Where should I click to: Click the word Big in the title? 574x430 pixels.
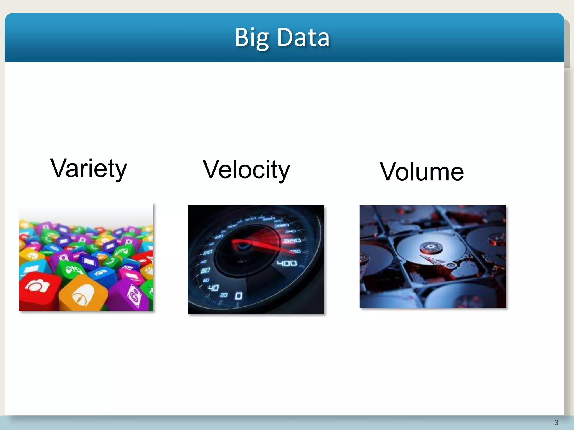(x=251, y=38)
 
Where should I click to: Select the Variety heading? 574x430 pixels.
(x=89, y=168)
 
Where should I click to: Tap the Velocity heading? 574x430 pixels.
(x=246, y=170)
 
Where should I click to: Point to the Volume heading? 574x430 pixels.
(x=422, y=172)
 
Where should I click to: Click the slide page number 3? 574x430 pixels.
(x=556, y=422)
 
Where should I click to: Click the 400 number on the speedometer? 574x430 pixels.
(x=287, y=263)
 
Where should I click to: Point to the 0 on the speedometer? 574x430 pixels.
(x=239, y=296)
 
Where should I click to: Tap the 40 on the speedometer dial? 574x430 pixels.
(x=213, y=288)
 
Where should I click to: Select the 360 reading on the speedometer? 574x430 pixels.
(x=292, y=241)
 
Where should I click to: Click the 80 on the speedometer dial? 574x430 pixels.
(x=205, y=270)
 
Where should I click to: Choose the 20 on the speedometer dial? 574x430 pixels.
(x=224, y=295)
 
